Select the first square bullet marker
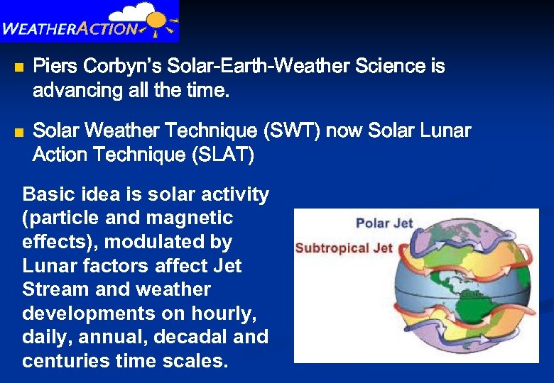click(18, 68)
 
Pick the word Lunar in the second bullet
click(444, 131)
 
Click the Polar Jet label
click(384, 223)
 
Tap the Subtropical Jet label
click(343, 248)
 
